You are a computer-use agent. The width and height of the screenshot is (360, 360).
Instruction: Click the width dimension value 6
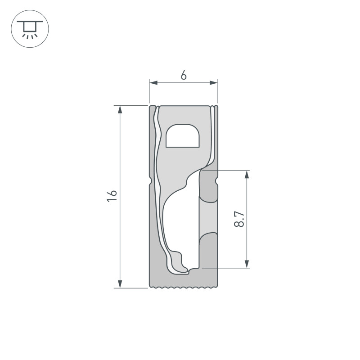(184, 75)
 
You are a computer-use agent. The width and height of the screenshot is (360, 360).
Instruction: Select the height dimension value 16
(112, 196)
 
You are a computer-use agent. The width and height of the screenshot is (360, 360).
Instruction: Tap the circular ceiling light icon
(30, 28)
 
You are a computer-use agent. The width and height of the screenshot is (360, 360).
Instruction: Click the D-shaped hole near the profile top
(182, 136)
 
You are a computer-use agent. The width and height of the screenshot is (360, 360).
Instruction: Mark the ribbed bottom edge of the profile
(184, 287)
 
